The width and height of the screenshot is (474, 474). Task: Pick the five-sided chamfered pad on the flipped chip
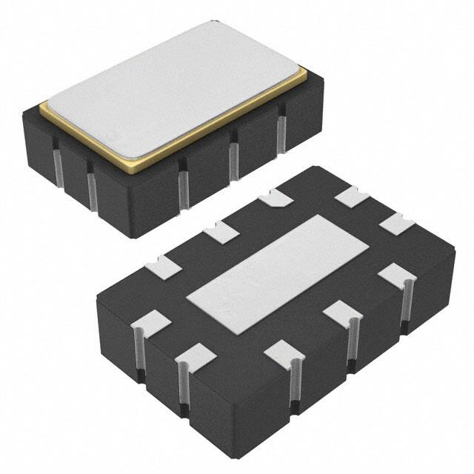pyautogui.click(x=277, y=198)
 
